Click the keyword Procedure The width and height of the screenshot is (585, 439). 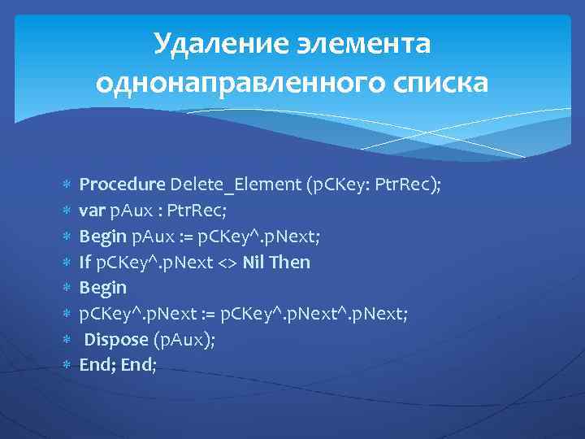(123, 185)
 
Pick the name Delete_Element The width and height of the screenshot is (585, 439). (236, 185)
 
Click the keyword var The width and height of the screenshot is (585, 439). (92, 211)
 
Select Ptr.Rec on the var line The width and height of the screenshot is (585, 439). (197, 211)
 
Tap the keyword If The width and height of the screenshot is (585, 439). (85, 262)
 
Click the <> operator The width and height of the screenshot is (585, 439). (229, 262)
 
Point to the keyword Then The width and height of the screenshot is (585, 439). (291, 262)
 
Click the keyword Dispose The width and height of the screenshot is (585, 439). (116, 340)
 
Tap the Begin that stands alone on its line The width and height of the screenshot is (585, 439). (102, 288)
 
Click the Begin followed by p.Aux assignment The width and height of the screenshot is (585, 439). (102, 237)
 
